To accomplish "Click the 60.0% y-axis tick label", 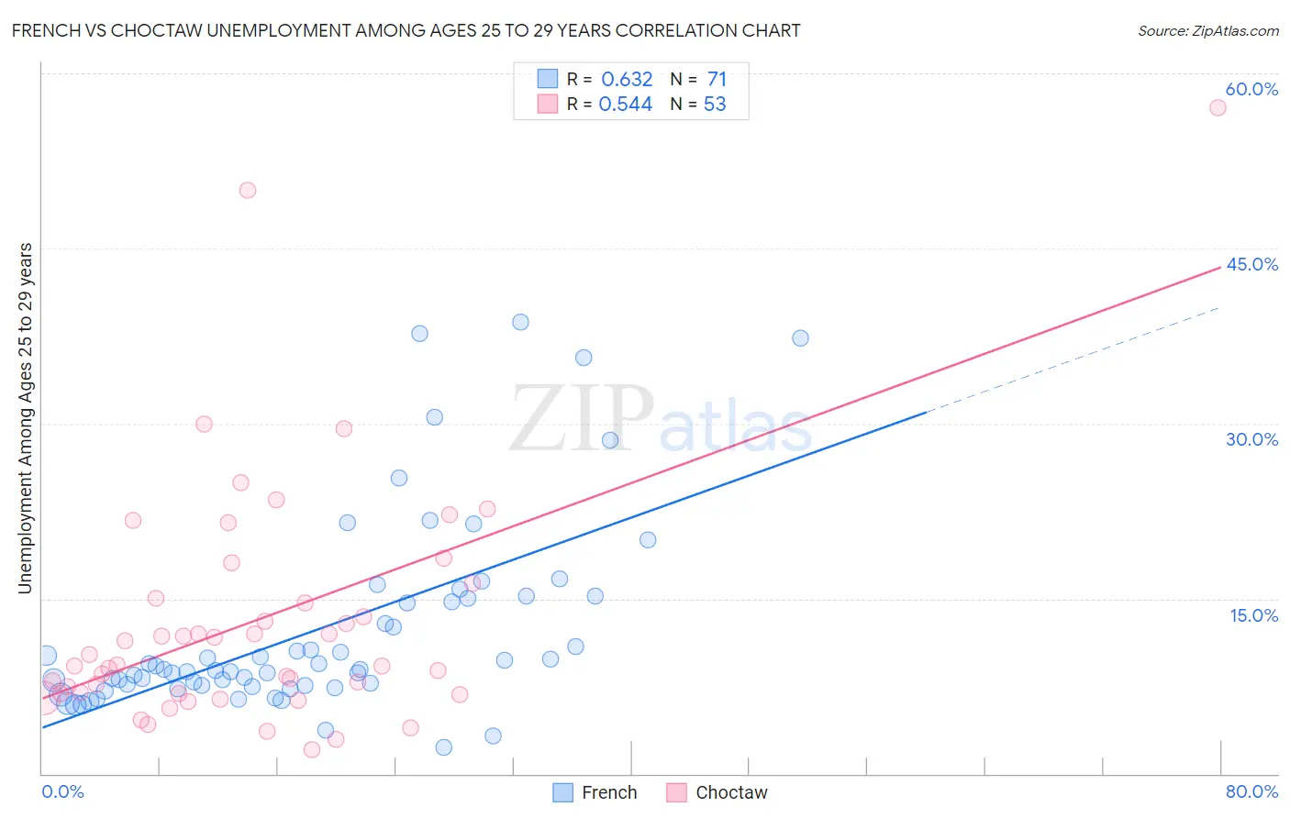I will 1251,89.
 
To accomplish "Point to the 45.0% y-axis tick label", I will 1251,264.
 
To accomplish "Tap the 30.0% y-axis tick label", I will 1251,439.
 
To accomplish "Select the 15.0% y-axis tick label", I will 1253,615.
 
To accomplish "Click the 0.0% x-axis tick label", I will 62,791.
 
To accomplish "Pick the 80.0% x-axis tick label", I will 1251,791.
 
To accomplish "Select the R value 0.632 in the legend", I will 627,79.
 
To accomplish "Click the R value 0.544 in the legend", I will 626,104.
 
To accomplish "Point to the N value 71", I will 717,79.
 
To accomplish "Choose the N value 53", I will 715,104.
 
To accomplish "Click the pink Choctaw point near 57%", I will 1218,107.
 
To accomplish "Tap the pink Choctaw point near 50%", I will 248,191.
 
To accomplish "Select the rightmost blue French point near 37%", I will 800,338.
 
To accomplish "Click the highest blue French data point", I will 520,322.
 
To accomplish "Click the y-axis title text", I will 26,417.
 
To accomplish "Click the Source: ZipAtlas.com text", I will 1207,30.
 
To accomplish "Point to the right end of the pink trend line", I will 1220,267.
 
